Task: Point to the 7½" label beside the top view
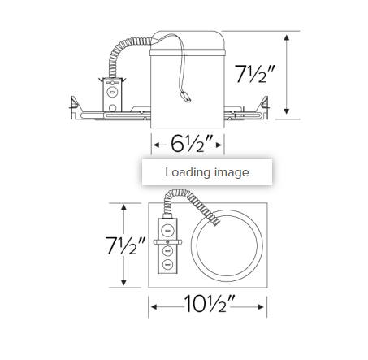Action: pyautogui.click(x=125, y=245)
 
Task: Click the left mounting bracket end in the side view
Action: pyautogui.click(x=76, y=106)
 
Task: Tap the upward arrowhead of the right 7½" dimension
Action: pyautogui.click(x=287, y=37)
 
